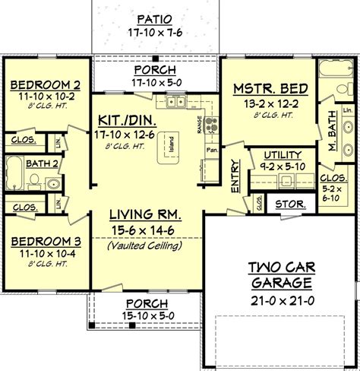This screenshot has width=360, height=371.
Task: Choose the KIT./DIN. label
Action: pos(126,120)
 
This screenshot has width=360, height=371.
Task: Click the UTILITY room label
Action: pos(270,154)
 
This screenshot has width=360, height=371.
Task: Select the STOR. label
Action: pos(289,205)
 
